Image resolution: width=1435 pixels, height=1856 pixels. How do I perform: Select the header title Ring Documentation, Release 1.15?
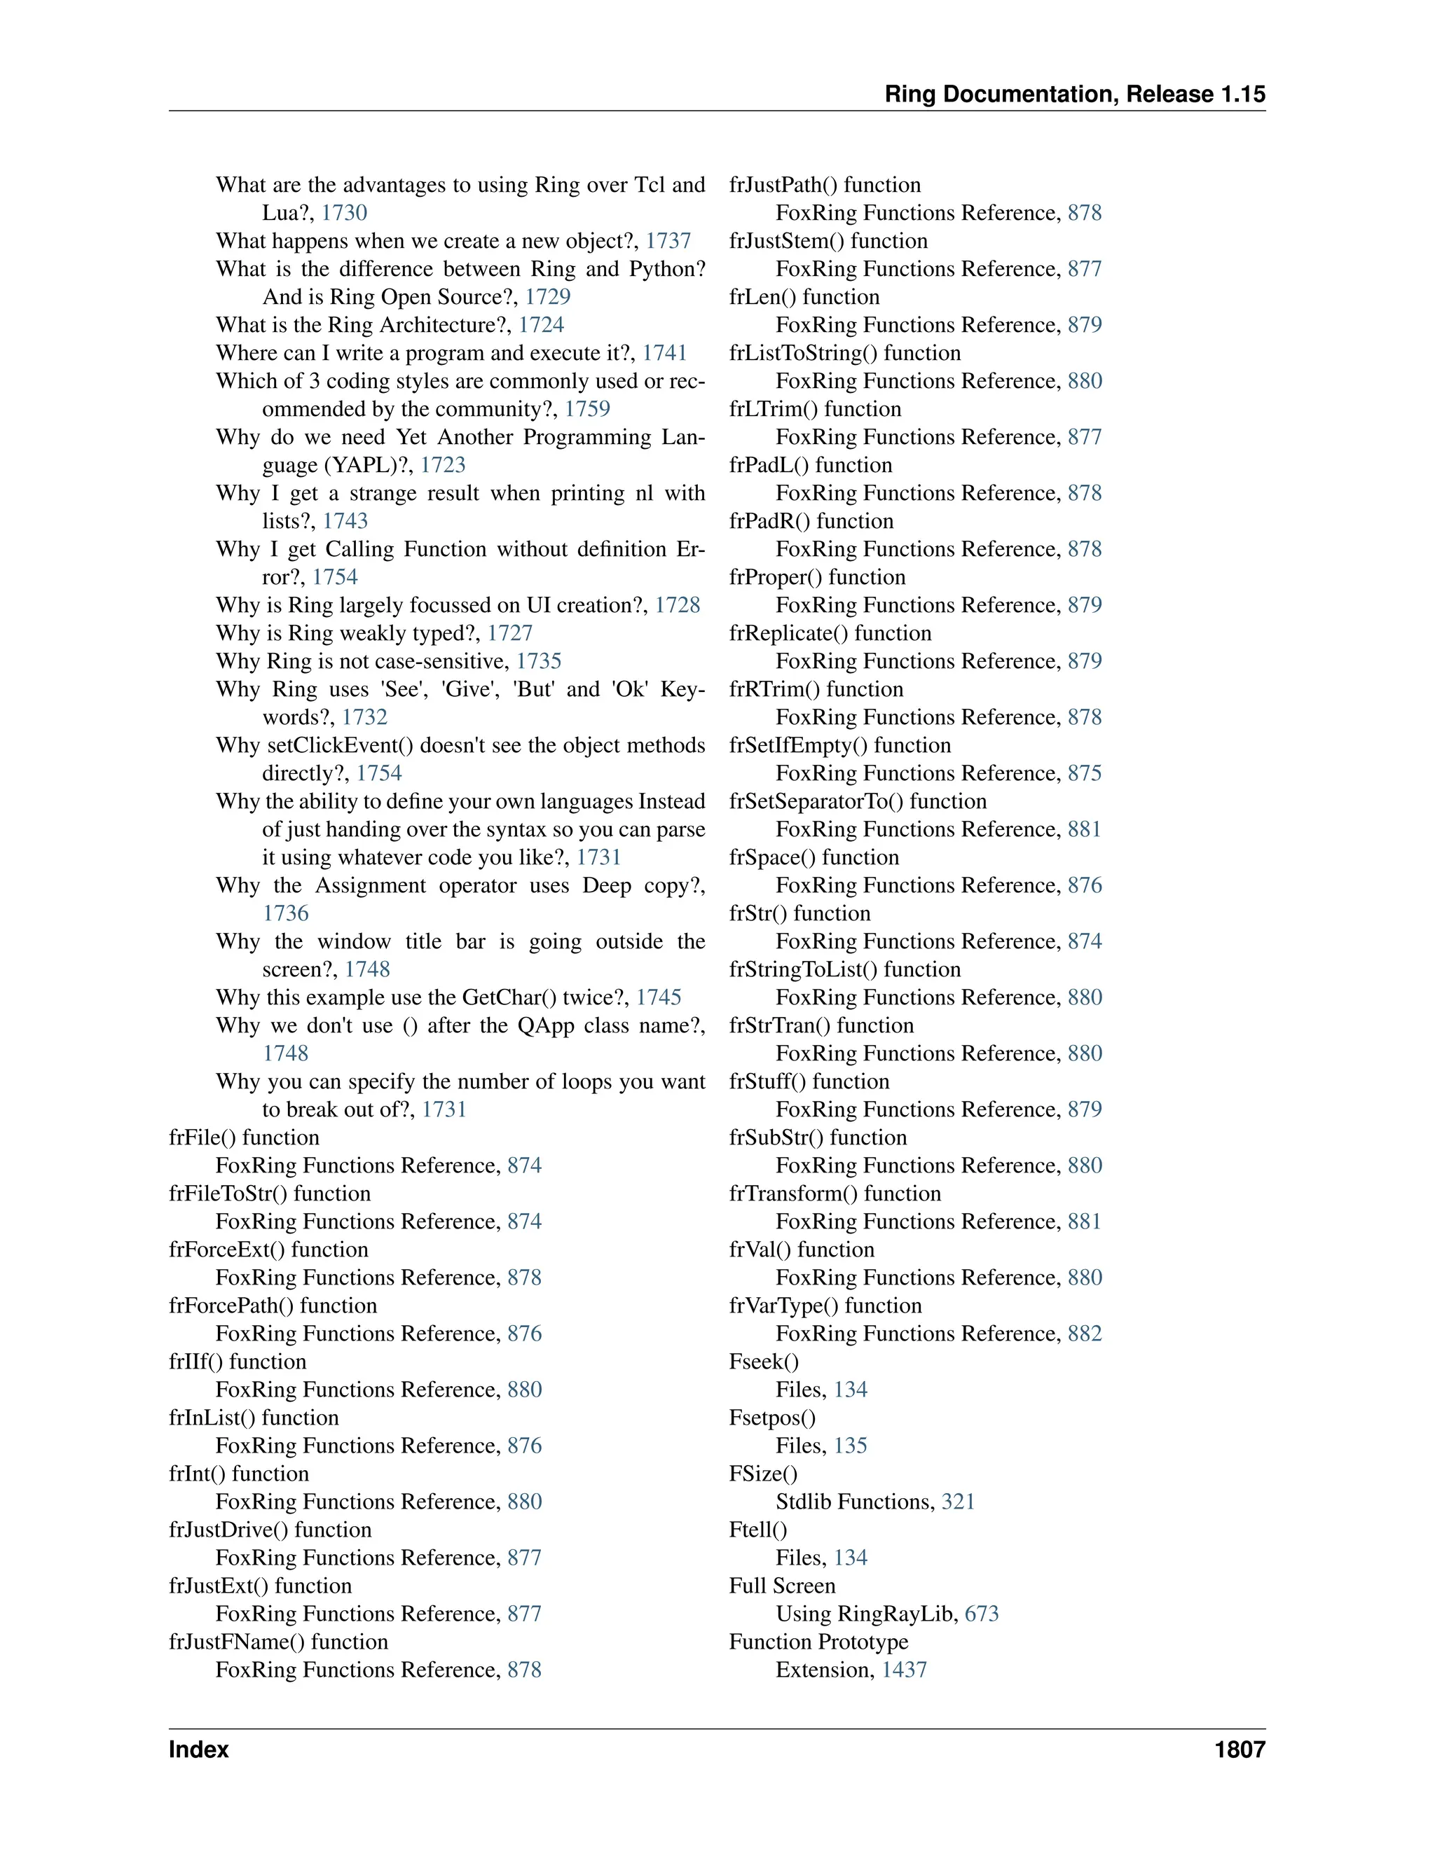coord(1075,95)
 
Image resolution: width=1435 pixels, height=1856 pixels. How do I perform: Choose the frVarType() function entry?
coord(825,1306)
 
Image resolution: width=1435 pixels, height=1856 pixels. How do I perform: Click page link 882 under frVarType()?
coord(1085,1334)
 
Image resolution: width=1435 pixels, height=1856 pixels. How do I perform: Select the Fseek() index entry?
coord(764,1362)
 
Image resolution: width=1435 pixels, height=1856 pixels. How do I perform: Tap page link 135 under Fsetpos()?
coord(850,1446)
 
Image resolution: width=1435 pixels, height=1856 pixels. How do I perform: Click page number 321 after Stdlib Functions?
coord(958,1502)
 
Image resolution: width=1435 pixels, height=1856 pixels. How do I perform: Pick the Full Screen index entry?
coord(782,1586)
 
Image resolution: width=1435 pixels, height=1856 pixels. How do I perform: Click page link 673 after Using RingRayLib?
coord(982,1614)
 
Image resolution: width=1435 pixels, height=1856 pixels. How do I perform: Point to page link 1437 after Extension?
coord(905,1670)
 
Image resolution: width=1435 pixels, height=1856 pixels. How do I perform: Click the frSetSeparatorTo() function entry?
coord(858,801)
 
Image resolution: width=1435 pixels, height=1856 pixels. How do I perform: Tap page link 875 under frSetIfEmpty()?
coord(1085,773)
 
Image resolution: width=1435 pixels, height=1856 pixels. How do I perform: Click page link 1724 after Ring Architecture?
coord(542,325)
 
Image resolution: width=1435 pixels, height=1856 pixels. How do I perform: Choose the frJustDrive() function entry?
coord(270,1530)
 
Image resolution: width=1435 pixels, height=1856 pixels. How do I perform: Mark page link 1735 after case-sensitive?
coord(539,661)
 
